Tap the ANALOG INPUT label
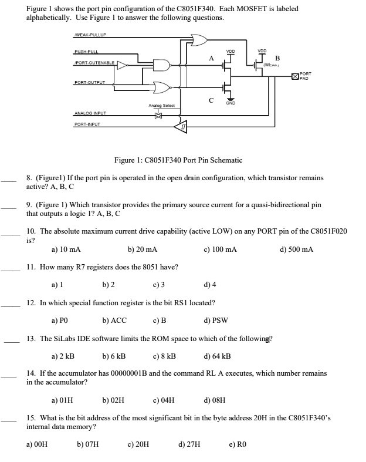(x=89, y=113)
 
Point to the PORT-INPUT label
(x=87, y=124)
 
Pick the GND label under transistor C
(x=231, y=102)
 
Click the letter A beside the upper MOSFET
(x=210, y=58)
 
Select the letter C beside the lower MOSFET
(x=210, y=99)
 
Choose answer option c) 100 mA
(x=220, y=249)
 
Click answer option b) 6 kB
(x=114, y=356)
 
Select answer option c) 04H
(x=163, y=401)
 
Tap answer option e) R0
(x=238, y=445)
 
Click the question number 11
(x=32, y=267)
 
